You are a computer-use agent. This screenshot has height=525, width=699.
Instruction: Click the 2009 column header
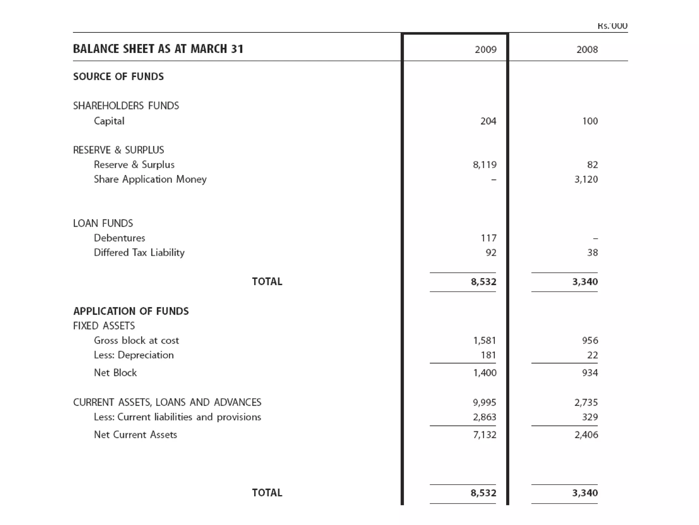click(485, 50)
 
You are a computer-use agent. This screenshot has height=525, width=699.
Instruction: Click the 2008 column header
click(587, 50)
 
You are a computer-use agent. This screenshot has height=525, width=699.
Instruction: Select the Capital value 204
click(488, 121)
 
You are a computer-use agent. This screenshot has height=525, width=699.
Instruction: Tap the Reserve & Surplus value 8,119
click(485, 165)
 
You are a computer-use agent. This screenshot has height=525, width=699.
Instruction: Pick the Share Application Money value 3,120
click(586, 179)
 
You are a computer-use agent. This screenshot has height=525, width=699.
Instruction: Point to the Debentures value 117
click(488, 238)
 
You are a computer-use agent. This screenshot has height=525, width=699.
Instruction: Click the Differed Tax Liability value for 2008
click(593, 253)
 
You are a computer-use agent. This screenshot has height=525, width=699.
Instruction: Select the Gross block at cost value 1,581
click(484, 340)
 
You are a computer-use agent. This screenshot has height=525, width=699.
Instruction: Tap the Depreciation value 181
click(488, 355)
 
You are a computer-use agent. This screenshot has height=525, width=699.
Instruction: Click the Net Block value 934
click(590, 373)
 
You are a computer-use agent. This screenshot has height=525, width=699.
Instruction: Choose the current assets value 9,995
click(484, 402)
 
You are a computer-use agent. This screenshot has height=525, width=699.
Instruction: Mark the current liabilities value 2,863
click(484, 417)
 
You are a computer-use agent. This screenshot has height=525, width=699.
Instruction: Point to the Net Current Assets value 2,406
click(586, 435)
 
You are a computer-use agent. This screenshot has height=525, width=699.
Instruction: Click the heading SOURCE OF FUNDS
click(118, 77)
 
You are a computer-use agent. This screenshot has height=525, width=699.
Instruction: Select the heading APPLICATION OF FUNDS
click(131, 311)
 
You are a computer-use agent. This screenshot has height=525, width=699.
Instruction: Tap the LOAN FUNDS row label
click(103, 223)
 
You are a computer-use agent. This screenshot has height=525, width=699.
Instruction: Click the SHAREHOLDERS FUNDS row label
click(126, 106)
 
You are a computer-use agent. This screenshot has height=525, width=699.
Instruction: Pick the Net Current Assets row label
click(135, 435)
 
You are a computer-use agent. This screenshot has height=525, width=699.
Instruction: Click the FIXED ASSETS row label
click(104, 326)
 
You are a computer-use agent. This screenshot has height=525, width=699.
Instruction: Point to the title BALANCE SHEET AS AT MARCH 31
click(158, 49)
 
